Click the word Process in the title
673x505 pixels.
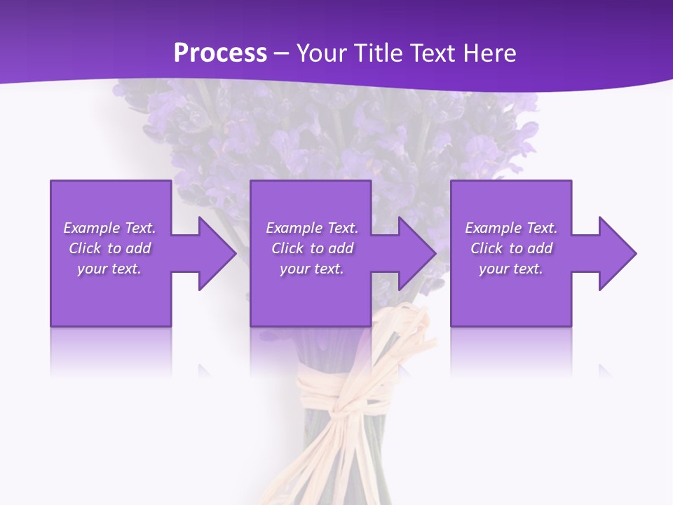click(x=220, y=53)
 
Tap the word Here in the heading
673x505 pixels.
click(x=488, y=53)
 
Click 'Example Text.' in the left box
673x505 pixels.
click(x=109, y=228)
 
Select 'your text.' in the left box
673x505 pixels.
click(x=109, y=269)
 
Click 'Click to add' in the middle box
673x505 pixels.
click(x=312, y=248)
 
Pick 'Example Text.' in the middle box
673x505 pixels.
click(x=312, y=228)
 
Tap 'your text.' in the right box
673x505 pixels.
click(x=511, y=269)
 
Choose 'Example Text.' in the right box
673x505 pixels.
click(x=511, y=228)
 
